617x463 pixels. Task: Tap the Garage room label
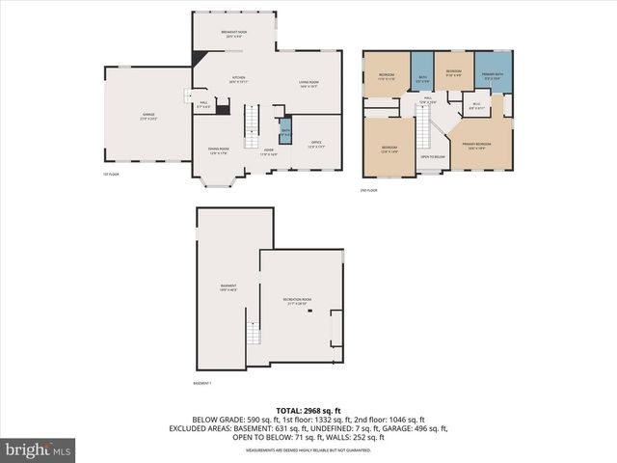148,116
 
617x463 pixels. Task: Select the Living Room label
308,85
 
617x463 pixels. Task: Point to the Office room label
316,146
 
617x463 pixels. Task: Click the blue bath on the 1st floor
284,130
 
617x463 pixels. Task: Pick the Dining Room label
218,150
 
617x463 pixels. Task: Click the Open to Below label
433,156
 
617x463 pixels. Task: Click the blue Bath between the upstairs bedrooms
421,80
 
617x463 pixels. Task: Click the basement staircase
254,335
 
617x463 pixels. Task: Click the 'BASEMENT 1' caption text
203,384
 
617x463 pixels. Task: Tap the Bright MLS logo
39,449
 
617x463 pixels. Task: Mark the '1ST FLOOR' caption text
111,175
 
